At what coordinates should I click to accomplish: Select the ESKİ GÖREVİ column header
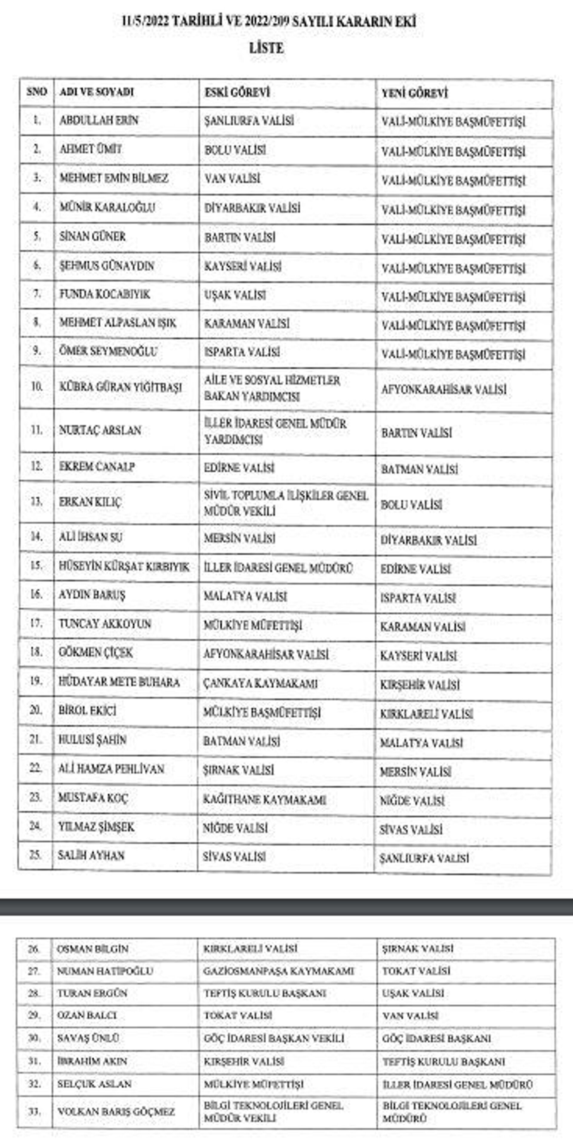pos(237,93)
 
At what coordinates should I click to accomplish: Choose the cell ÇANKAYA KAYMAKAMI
pos(260,683)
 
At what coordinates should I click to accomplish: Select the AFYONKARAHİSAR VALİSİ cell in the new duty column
pos(443,390)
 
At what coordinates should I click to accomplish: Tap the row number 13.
pos(36,502)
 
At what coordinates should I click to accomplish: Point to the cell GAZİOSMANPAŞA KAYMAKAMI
pos(278,971)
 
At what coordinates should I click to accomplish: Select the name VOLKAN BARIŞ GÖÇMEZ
pos(116,1111)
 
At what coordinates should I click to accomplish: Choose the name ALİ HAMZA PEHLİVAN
pos(111,769)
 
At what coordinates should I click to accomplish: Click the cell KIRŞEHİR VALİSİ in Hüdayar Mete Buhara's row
pos(420,685)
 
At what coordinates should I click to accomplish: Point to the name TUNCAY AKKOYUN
pos(105,623)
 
